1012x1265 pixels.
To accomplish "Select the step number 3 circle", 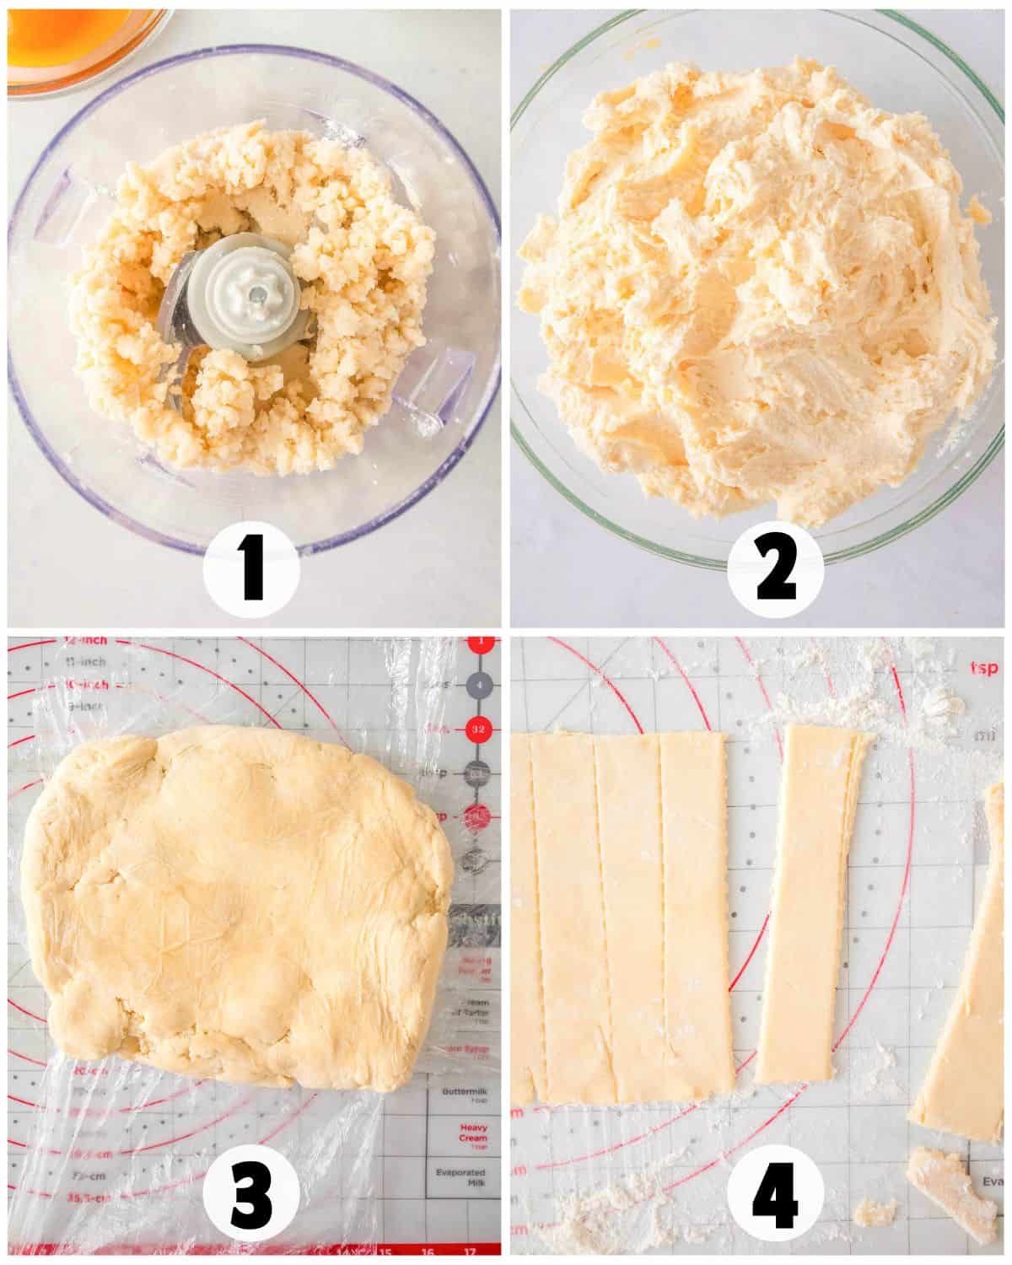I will [252, 1195].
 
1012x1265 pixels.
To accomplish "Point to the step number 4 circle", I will [777, 1195].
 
